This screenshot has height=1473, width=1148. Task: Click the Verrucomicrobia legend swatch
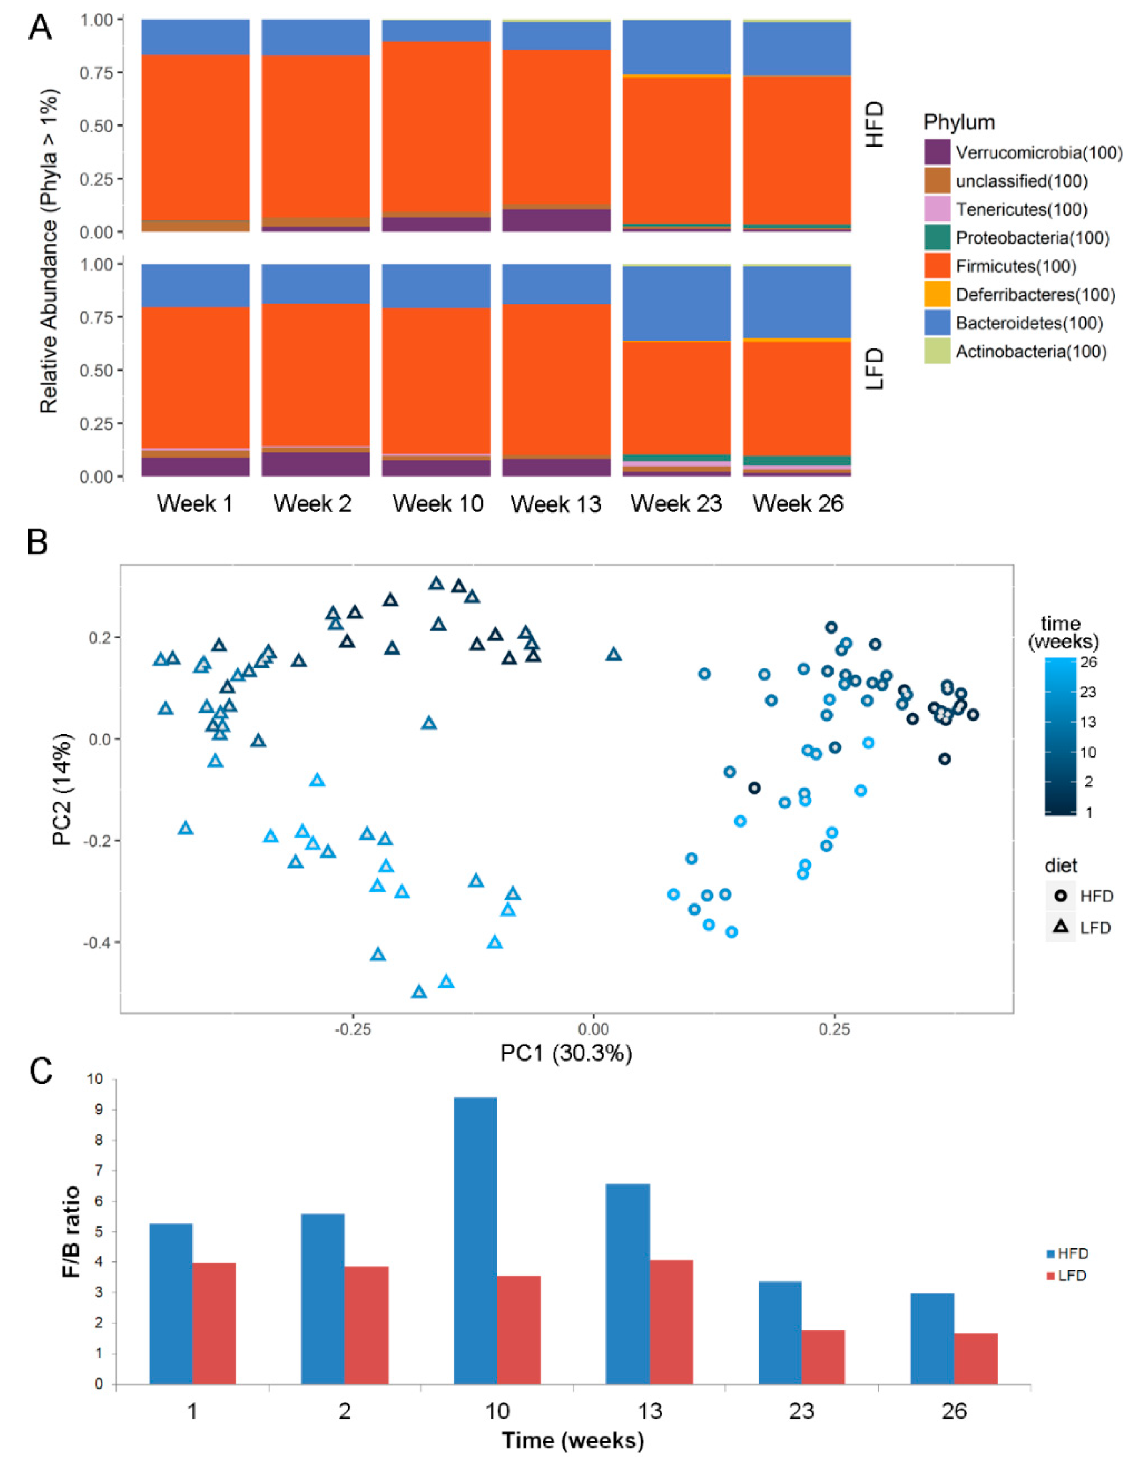(x=937, y=152)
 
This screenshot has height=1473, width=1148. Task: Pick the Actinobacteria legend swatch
(x=937, y=351)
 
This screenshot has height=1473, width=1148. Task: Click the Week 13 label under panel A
(x=556, y=504)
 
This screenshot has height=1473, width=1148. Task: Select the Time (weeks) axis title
(x=573, y=1441)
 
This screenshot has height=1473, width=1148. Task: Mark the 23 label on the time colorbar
(x=1087, y=692)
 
